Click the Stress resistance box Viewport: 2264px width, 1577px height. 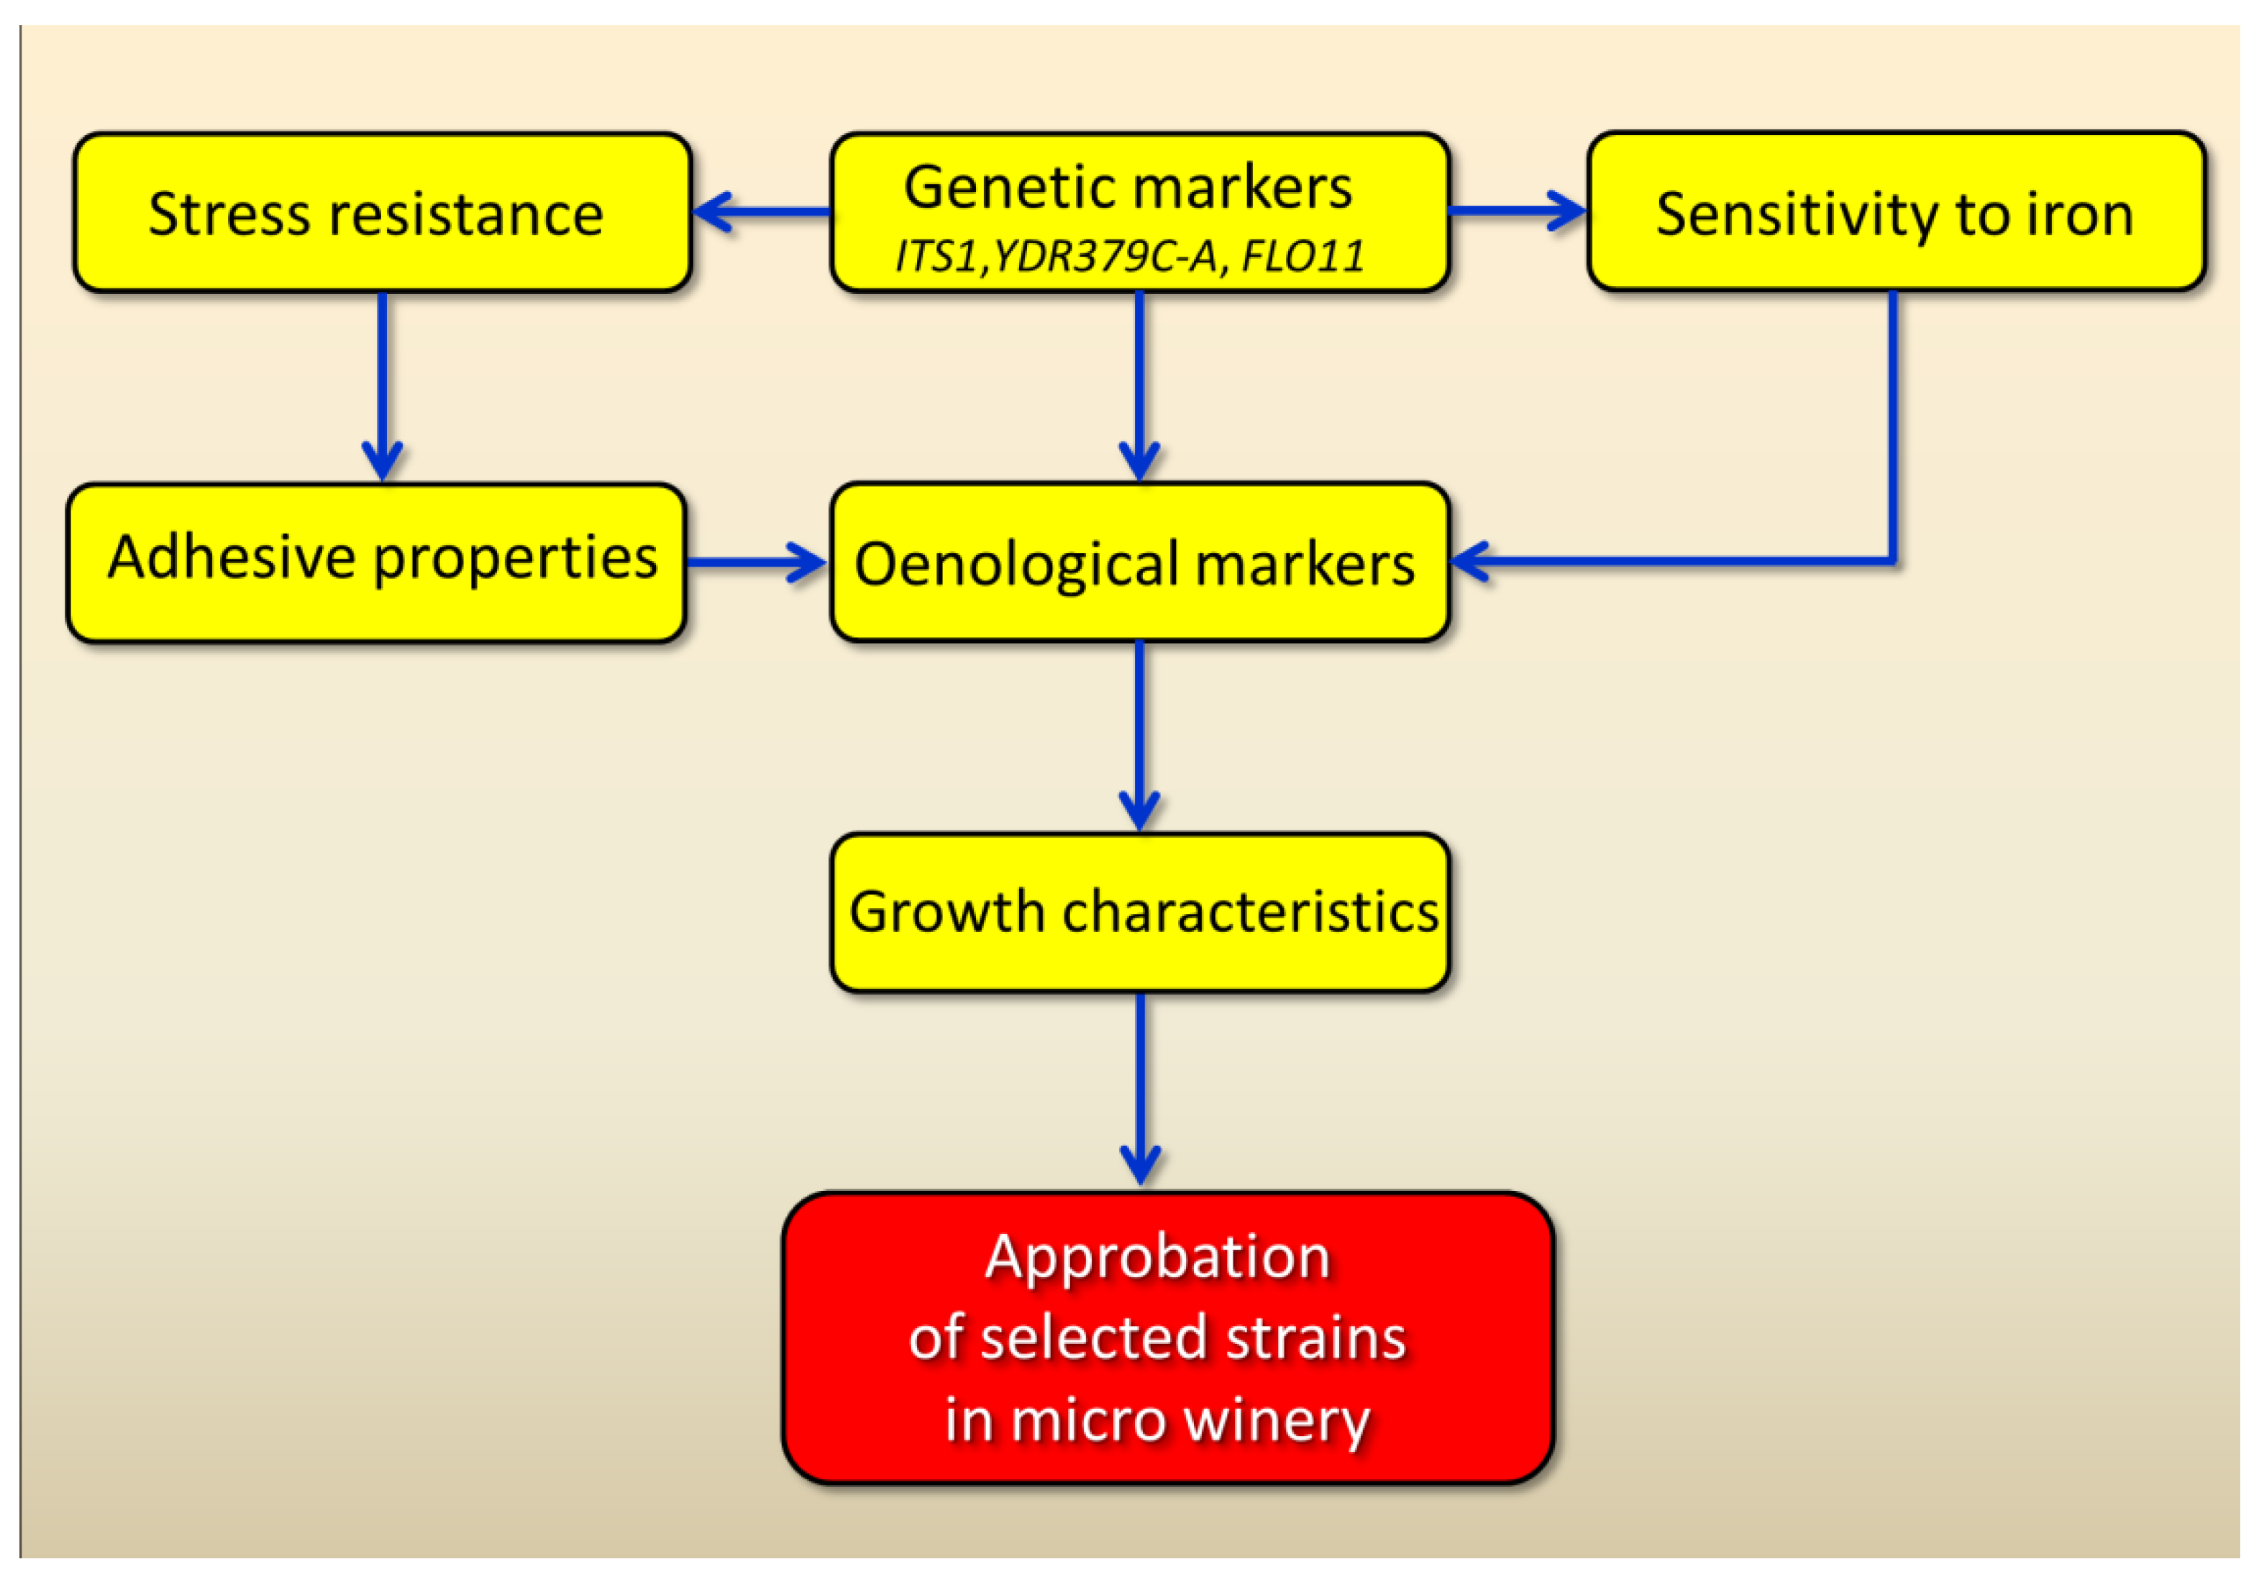(382, 212)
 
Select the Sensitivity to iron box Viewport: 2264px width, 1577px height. (1895, 212)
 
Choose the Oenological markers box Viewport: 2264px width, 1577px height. (1139, 562)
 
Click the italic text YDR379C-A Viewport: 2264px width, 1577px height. (1105, 257)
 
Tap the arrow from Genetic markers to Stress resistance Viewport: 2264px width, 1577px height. (761, 211)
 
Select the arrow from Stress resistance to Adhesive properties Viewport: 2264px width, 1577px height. (383, 385)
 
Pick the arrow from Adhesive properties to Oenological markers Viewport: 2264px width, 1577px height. (755, 562)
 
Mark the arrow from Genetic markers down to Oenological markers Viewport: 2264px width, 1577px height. (1140, 385)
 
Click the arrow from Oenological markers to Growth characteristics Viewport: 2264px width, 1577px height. (1140, 735)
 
